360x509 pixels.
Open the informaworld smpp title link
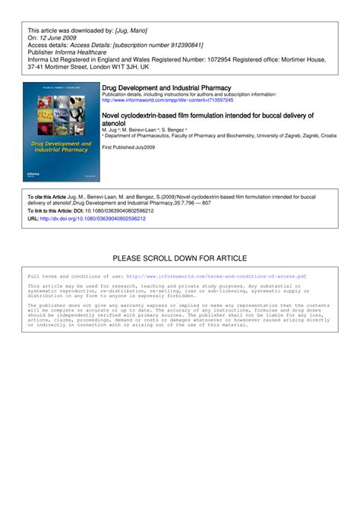tap(168, 100)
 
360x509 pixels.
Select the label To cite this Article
tap(47, 196)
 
